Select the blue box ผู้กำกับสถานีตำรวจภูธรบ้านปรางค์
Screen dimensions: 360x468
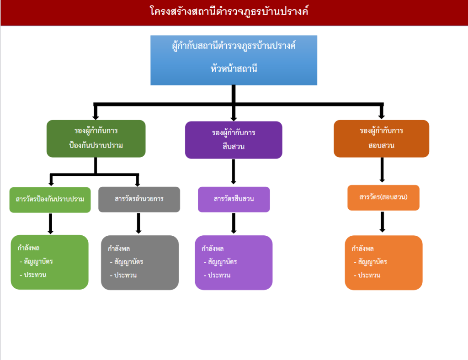(234, 47)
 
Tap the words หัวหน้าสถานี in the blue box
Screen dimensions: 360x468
(234, 69)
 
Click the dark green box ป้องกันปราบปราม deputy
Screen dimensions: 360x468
(96, 138)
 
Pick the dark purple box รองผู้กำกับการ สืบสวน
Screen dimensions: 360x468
(234, 140)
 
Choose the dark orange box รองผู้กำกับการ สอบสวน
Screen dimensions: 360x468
(381, 138)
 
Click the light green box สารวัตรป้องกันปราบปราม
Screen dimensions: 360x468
(50, 199)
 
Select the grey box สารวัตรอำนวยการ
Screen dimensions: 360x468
(139, 199)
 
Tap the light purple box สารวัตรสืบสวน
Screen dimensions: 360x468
(234, 199)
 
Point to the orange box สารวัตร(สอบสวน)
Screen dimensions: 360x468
(383, 197)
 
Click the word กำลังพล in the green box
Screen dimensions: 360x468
(29, 249)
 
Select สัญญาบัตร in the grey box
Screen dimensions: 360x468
(128, 262)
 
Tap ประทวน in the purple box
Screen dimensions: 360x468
(219, 275)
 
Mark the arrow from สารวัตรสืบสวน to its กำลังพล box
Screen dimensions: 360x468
(234, 223)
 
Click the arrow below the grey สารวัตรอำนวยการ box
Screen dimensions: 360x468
(138, 223)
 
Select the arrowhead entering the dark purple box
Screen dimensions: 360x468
(234, 116)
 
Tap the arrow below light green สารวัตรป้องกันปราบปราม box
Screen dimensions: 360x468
(50, 223)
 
